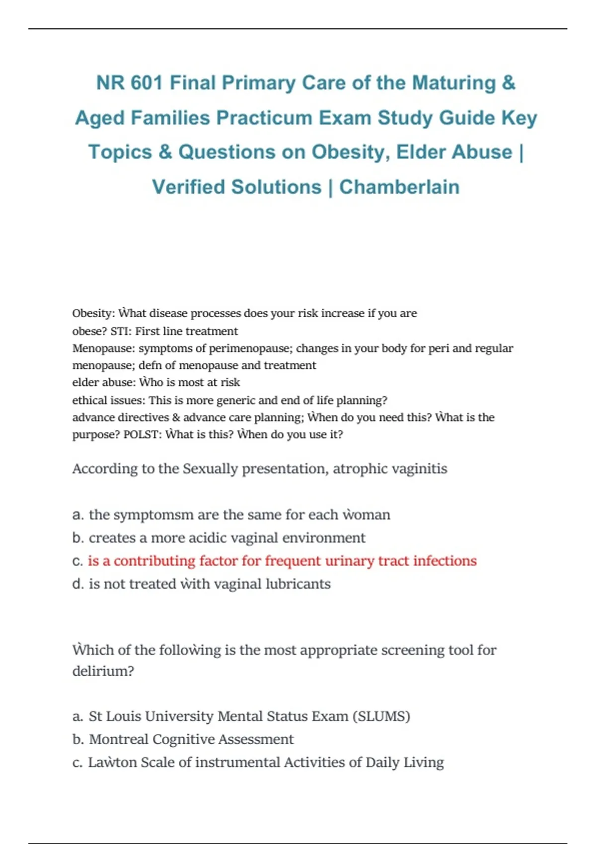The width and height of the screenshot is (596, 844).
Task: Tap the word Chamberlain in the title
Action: click(x=399, y=187)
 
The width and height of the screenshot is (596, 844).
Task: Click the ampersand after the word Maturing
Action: click(x=508, y=83)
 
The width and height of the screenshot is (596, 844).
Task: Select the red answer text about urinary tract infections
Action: click(x=282, y=561)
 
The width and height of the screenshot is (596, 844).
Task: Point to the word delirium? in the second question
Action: click(x=103, y=671)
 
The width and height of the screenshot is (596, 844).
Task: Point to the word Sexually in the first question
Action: click(x=210, y=469)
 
